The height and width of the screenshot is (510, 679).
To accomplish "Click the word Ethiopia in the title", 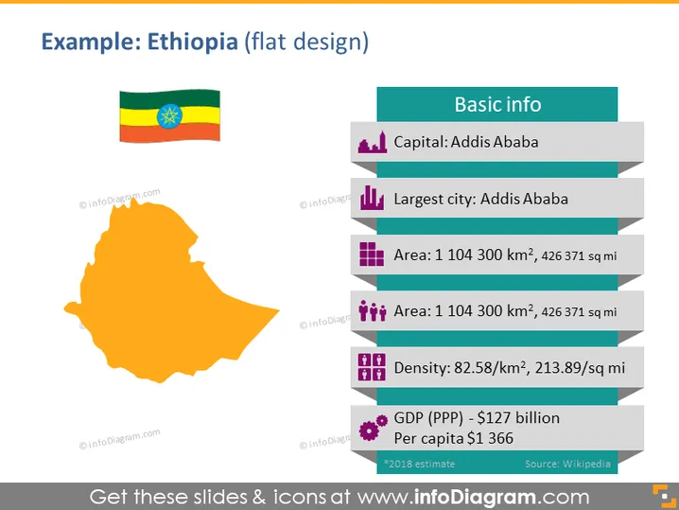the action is click(x=193, y=42).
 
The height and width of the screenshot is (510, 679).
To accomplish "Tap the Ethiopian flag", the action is click(x=170, y=115).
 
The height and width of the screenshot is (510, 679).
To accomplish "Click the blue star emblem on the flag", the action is click(x=169, y=116).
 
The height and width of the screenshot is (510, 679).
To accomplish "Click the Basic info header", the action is click(x=497, y=104).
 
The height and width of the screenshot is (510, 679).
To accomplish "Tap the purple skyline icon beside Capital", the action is click(x=372, y=142).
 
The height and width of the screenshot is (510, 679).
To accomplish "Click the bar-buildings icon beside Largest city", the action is click(x=372, y=198).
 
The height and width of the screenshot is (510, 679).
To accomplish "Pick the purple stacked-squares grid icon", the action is click(x=372, y=254).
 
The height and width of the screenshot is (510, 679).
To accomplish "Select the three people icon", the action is click(x=372, y=310).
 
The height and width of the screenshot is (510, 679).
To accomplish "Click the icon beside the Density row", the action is click(x=372, y=367).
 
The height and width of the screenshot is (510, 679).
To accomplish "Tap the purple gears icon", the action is click(x=373, y=428).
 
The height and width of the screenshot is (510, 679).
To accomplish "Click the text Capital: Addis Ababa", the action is click(x=466, y=142).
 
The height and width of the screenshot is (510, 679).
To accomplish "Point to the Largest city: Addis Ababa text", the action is click(x=480, y=199).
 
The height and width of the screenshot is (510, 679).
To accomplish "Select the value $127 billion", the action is click(x=518, y=417).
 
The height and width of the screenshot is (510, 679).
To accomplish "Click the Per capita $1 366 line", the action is click(x=453, y=438).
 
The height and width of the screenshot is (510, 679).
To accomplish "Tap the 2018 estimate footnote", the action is click(x=419, y=464).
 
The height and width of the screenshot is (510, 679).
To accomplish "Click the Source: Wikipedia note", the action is click(x=567, y=464).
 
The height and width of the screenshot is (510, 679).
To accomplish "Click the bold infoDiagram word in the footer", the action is click(x=475, y=497).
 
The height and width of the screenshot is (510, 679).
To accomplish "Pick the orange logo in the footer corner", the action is click(x=665, y=496).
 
